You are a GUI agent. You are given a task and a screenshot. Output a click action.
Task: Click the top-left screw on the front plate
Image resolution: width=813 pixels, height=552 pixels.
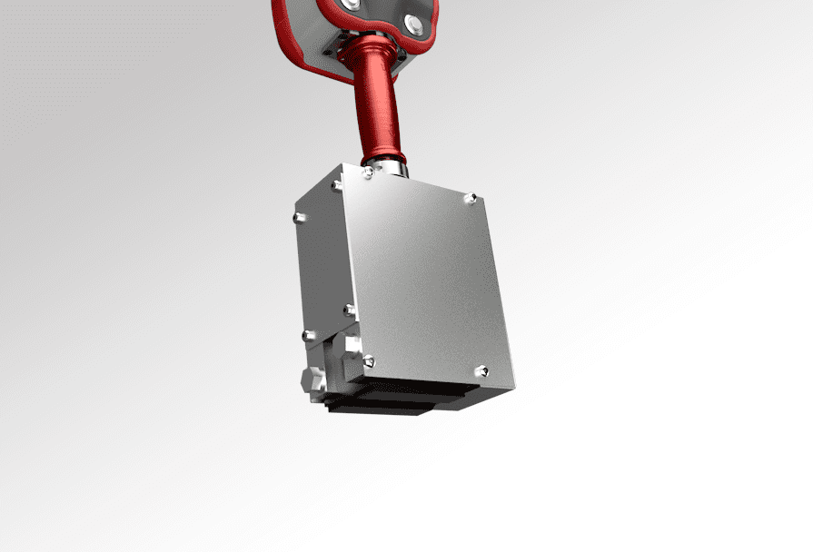click(x=368, y=173)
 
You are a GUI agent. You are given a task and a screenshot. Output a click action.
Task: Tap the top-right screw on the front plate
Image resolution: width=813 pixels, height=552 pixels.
click(x=470, y=197)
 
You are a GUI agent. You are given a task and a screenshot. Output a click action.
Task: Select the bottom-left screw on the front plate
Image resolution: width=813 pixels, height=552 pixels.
click(x=368, y=360)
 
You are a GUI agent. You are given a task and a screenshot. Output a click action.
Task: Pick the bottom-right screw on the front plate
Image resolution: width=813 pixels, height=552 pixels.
click(x=481, y=370)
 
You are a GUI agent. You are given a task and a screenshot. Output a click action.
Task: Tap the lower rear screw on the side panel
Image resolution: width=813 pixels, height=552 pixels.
click(x=307, y=335)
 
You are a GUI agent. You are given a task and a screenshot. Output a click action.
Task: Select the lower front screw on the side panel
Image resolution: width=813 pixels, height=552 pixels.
click(x=349, y=310)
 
